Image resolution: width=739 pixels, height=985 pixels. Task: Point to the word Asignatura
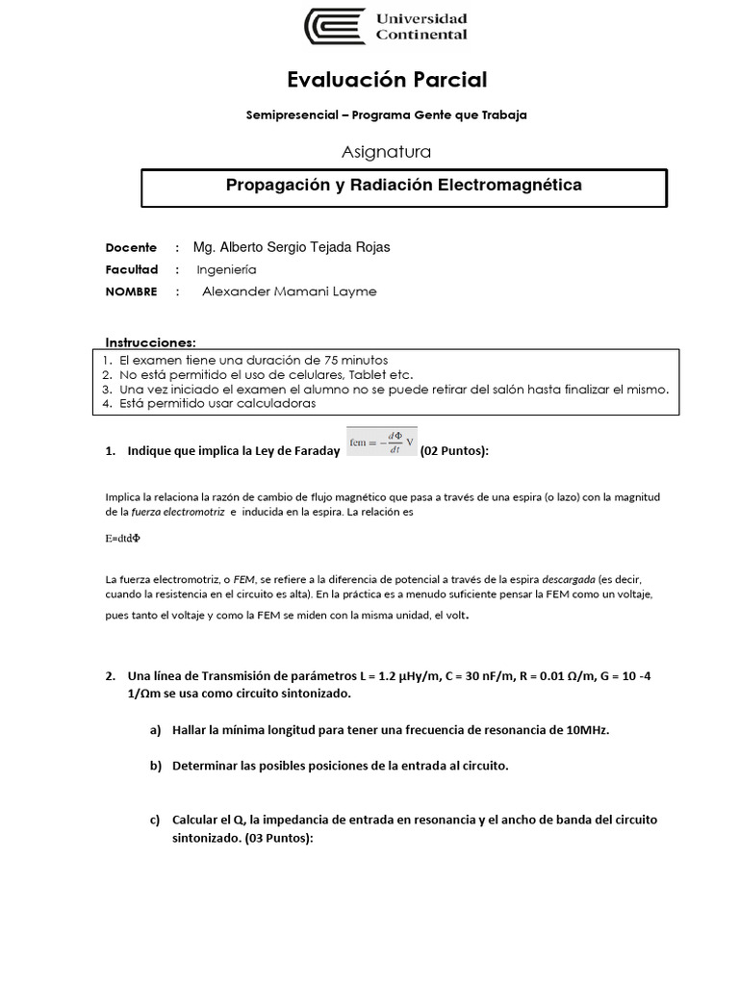click(x=386, y=151)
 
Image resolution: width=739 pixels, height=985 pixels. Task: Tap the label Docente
click(x=131, y=247)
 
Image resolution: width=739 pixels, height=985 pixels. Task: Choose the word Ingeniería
click(x=227, y=270)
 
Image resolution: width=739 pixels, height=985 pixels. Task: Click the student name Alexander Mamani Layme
click(x=289, y=291)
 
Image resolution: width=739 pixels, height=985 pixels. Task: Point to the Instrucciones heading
click(x=150, y=342)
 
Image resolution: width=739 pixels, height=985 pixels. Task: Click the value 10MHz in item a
click(x=588, y=730)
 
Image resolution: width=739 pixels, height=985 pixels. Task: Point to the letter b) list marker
click(x=154, y=766)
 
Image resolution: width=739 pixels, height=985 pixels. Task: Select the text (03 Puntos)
click(x=277, y=838)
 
